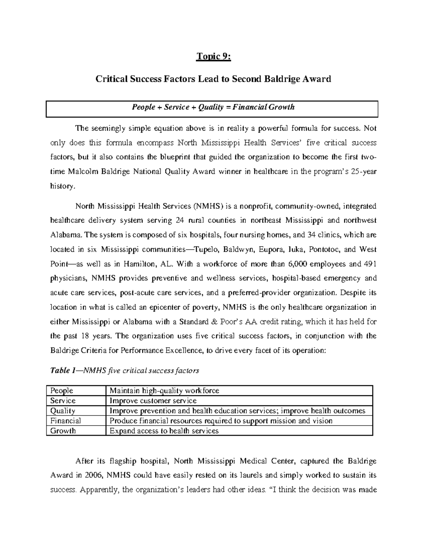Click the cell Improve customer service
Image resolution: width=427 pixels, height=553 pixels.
[153, 401]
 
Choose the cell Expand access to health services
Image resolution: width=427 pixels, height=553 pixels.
[164, 431]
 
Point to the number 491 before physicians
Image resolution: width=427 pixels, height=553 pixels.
[369, 264]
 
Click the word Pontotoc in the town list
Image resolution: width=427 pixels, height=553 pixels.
[324, 250]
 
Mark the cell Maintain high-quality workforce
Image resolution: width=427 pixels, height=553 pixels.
[164, 391]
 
